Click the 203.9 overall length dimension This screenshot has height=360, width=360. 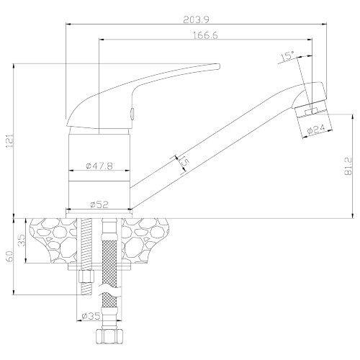pos(196,19)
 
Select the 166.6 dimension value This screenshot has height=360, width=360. pos(205,35)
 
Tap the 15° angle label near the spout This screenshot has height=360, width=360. pos(287,56)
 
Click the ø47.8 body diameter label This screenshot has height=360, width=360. pos(99,166)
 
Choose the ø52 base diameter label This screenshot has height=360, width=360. pos(99,204)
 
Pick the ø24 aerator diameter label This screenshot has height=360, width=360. pos(316,129)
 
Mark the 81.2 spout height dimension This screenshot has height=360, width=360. pos(348,166)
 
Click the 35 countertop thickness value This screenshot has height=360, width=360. pos(22,240)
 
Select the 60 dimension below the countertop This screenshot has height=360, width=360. pos(10,256)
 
